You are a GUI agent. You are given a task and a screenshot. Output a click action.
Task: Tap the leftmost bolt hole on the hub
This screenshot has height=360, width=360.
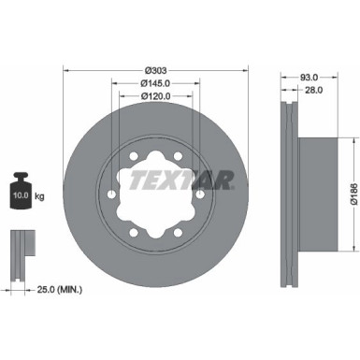(112, 194)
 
